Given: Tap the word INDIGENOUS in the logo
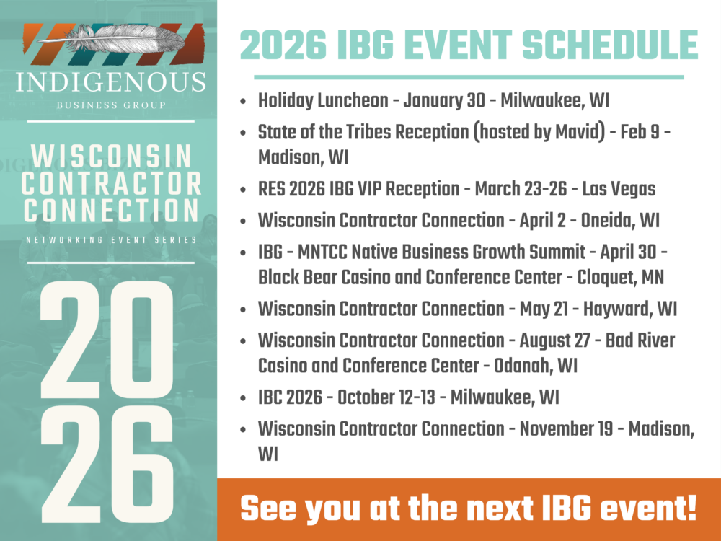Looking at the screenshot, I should [110, 82].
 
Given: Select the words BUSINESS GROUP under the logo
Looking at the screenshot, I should [110, 105].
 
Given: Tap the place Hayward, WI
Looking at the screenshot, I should [631, 309].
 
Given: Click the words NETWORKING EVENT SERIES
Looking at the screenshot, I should [110, 239].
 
